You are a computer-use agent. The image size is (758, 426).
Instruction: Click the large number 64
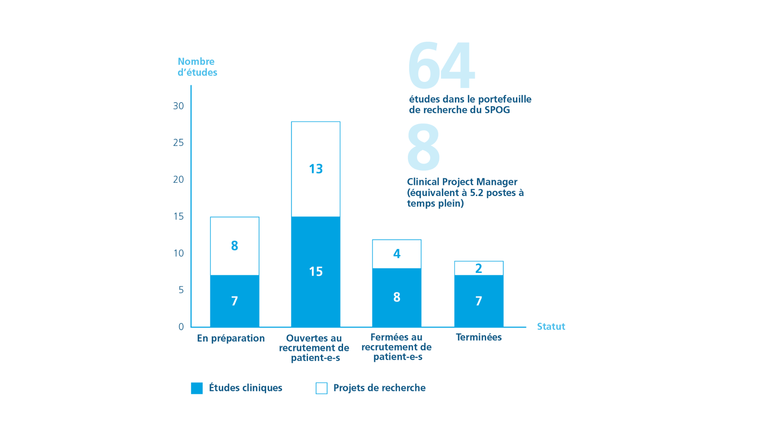[441, 65]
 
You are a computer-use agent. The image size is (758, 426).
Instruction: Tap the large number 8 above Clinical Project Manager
[423, 147]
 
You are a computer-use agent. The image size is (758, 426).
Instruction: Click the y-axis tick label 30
[178, 106]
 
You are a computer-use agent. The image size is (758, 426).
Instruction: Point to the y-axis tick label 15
[178, 216]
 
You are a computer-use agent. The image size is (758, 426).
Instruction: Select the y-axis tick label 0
[181, 327]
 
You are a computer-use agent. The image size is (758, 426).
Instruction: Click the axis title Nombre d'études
[197, 67]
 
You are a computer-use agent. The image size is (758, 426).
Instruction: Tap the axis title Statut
[551, 327]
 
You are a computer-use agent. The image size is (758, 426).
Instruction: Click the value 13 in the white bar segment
[316, 169]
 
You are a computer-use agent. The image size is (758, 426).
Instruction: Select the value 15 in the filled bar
[316, 271]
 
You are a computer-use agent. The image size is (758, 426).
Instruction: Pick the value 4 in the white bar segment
[397, 254]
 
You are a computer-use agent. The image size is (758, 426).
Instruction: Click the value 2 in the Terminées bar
[478, 269]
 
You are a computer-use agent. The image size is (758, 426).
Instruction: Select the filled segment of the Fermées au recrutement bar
[397, 312]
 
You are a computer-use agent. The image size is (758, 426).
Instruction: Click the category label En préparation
[231, 338]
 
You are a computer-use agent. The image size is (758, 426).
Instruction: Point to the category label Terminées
[478, 337]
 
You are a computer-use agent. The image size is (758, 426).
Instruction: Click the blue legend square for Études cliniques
[197, 388]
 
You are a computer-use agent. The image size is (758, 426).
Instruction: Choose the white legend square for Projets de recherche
[321, 388]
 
